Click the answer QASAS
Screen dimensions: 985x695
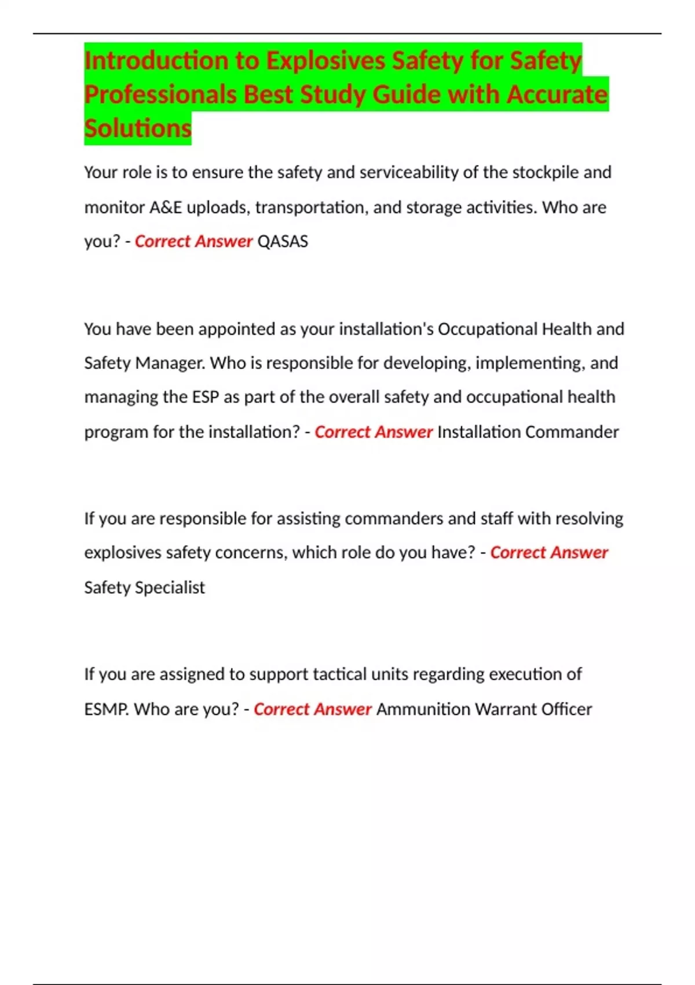[x=283, y=242]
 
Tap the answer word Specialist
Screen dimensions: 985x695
[x=170, y=588]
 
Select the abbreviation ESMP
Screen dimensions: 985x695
[x=107, y=709]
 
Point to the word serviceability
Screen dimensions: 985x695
[x=409, y=173]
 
